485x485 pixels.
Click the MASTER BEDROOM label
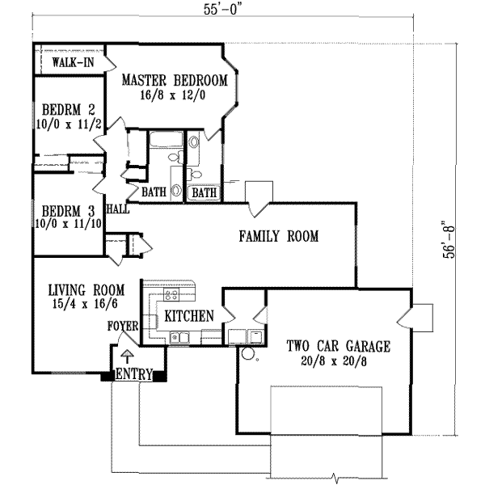pos(174,80)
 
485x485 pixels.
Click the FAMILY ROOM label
pos(279,237)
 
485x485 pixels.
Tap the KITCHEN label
pos(188,315)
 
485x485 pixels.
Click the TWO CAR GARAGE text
pos(339,347)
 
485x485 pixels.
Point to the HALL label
pos(118,208)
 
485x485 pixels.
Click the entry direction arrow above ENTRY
pos(126,355)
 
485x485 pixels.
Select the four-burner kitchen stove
pos(171,295)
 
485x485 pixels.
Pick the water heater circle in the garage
pos(248,354)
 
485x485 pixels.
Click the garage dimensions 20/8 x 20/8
pos(339,362)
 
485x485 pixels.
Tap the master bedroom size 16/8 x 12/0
pos(174,95)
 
